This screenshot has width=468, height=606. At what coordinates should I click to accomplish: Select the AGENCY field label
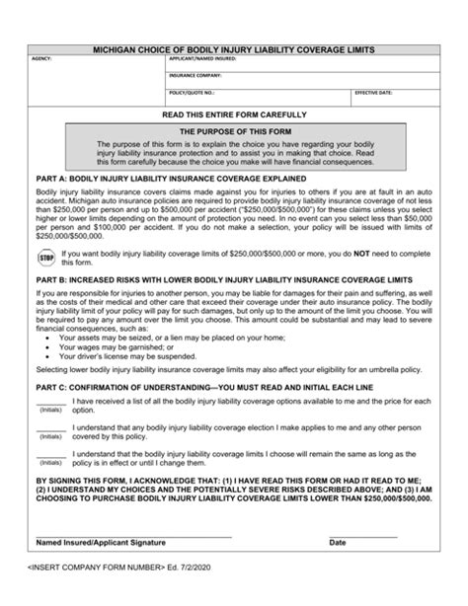point(41,60)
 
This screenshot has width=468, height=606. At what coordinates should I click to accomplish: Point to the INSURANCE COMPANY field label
point(193,75)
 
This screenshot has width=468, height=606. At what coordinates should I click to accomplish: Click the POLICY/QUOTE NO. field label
point(190,91)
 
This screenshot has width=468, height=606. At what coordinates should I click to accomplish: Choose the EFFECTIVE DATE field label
point(373,91)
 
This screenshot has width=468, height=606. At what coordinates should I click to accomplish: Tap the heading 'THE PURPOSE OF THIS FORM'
point(233,130)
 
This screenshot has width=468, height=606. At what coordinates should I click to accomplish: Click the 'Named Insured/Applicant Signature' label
point(101,544)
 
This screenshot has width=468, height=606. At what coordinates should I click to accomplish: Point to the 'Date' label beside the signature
point(338,544)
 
